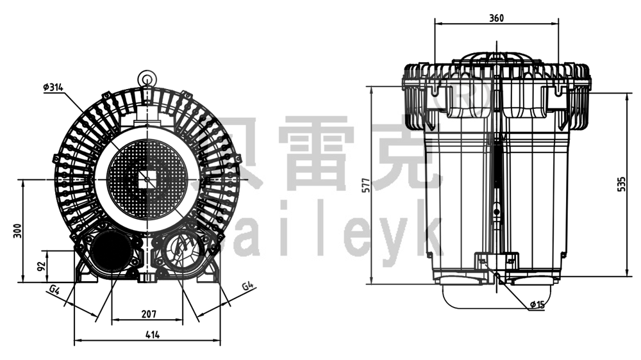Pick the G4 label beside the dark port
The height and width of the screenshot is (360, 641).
pyautogui.click(x=54, y=291)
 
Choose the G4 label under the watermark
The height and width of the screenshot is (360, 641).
pyautogui.click(x=247, y=286)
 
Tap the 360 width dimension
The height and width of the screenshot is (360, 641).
pyautogui.click(x=496, y=18)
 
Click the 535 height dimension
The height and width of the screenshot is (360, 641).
pyautogui.click(x=620, y=184)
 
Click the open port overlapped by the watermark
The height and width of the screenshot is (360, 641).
pyautogui.click(x=184, y=251)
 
